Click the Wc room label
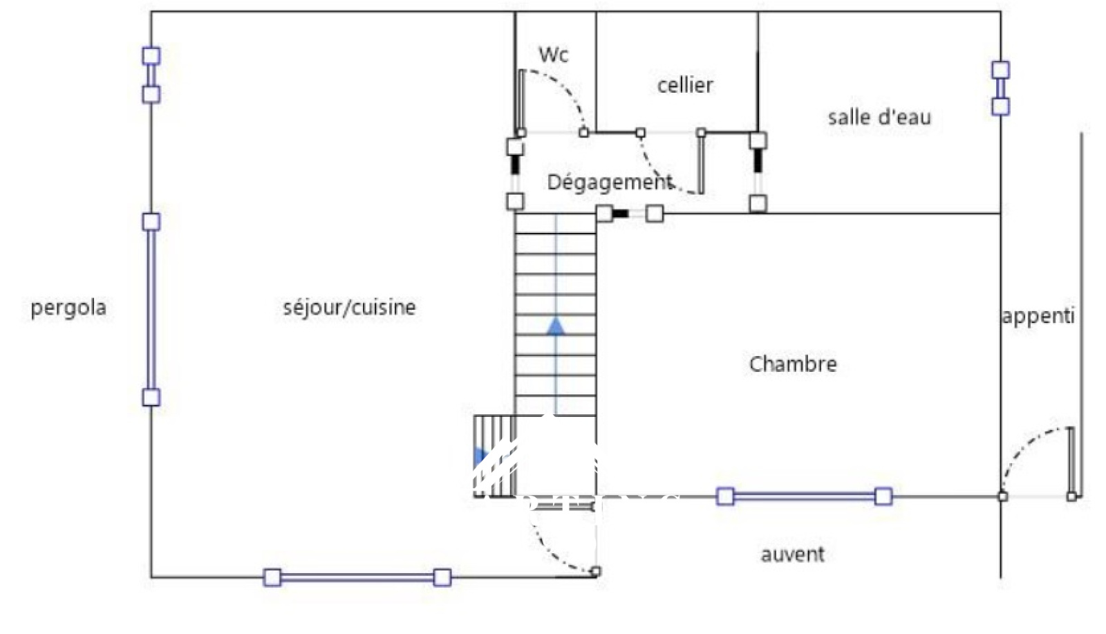click(x=553, y=55)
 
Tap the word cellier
click(x=684, y=85)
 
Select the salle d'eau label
click(x=879, y=118)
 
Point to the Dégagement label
click(x=609, y=183)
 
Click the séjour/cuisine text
click(x=349, y=307)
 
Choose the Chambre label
click(x=792, y=364)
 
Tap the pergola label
click(x=68, y=308)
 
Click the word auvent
click(x=792, y=554)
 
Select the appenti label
click(x=1038, y=316)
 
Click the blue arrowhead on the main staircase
click(x=556, y=326)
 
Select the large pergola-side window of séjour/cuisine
click(x=151, y=309)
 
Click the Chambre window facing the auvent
click(x=804, y=496)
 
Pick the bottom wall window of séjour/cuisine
click(x=357, y=577)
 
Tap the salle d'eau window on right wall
click(x=1000, y=88)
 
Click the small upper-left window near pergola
click(x=151, y=75)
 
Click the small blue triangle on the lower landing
click(x=479, y=457)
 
